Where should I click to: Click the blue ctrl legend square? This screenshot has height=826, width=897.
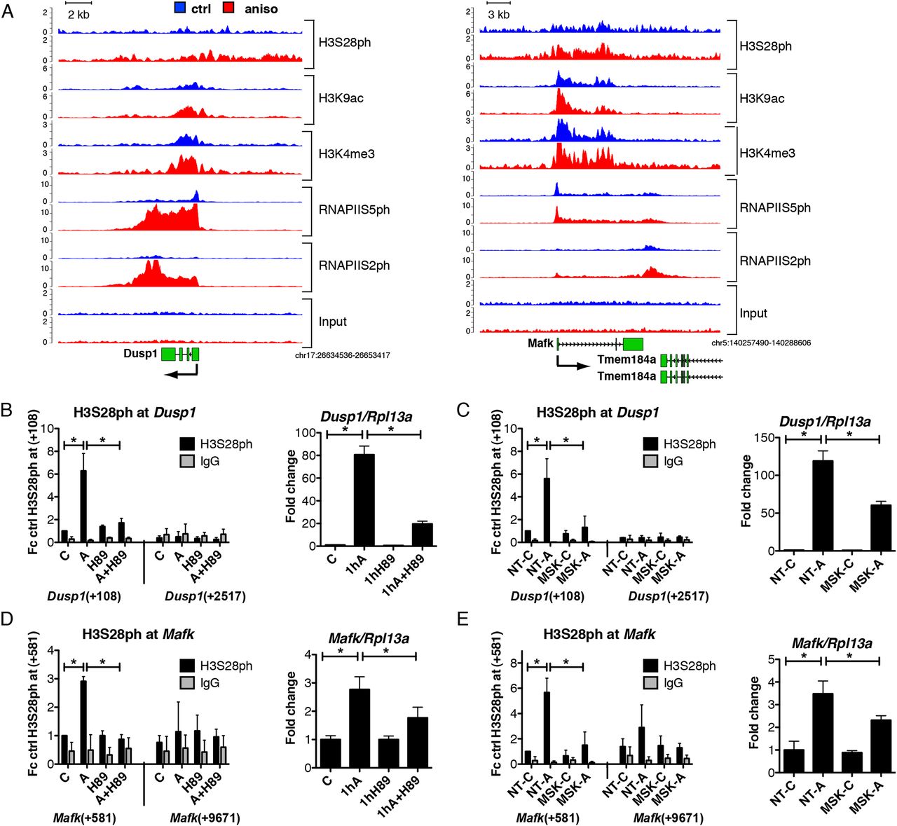pos(180,8)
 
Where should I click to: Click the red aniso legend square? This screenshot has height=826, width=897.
pos(229,8)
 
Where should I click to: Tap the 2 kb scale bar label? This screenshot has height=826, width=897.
pos(78,15)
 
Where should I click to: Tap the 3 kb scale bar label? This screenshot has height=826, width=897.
pos(498,15)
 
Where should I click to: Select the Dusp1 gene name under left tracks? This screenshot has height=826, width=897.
pos(140,354)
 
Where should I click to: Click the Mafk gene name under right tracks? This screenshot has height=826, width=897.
pos(540,343)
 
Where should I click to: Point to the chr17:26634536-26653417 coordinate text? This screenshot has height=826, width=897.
pos(343,355)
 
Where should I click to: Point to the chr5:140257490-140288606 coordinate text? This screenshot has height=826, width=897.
pos(761,343)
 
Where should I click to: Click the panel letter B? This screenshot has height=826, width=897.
pos(6,411)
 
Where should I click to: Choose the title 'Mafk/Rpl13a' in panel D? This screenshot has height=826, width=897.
pos(369,638)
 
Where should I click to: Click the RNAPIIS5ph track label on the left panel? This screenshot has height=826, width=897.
pos(354,209)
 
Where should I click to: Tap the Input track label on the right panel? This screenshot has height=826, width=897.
pos(753,313)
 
